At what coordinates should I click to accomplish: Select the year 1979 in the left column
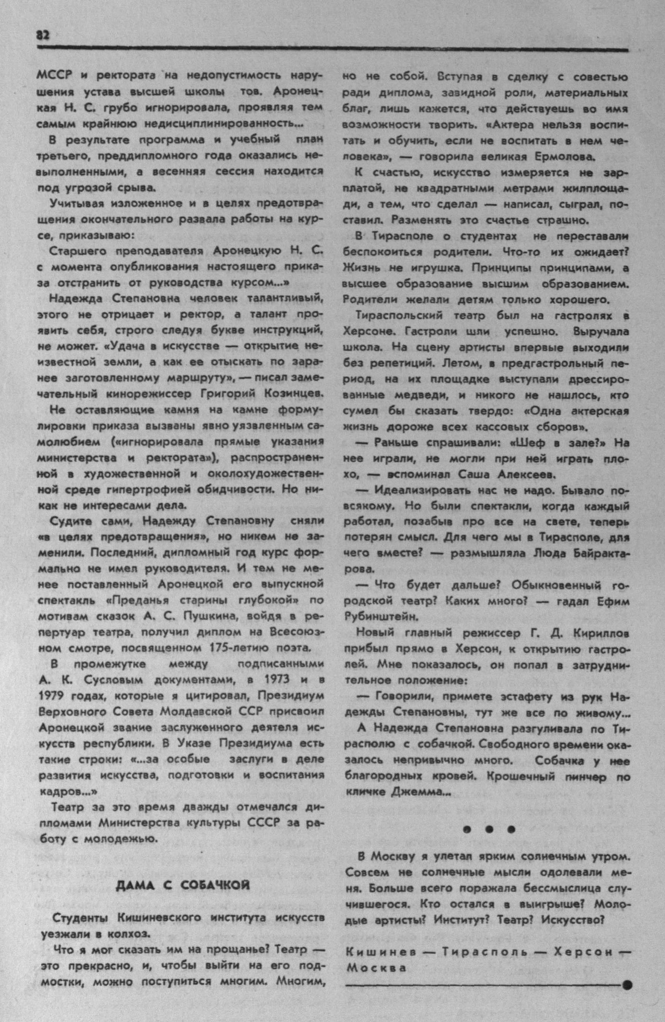[52, 696]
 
